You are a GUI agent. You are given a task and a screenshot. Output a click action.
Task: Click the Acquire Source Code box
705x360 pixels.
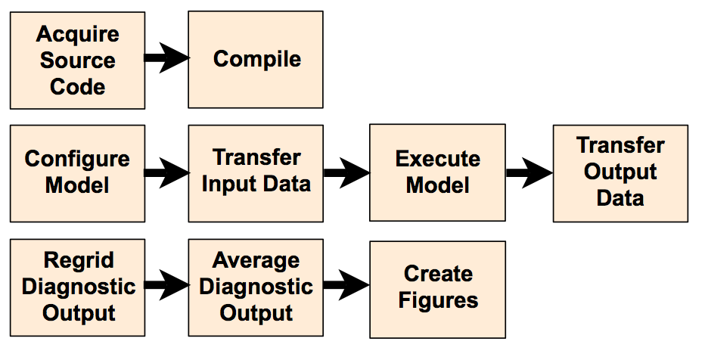(77, 61)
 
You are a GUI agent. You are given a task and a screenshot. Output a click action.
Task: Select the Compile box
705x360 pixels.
(256, 59)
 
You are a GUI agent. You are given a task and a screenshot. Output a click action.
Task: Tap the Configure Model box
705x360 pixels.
(77, 173)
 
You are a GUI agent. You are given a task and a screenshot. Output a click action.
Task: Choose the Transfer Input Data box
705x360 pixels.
(256, 173)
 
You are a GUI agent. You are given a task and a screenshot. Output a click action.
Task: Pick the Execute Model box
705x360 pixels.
(437, 172)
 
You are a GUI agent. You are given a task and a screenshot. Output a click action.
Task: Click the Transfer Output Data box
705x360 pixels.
(620, 173)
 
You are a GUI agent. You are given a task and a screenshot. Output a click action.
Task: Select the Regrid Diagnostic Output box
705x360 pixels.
(77, 287)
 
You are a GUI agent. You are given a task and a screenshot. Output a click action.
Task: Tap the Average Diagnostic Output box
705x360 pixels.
(256, 287)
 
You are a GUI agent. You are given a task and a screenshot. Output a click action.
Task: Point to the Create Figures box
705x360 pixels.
(437, 290)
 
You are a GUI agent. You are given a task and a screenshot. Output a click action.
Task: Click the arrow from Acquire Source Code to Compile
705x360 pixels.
(167, 57)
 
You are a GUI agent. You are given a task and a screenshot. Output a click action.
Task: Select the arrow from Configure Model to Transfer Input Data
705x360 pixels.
(167, 172)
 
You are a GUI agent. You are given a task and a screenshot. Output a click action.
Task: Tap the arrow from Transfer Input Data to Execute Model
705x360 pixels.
(346, 172)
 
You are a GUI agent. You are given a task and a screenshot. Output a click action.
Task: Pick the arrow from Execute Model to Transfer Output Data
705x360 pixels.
(530, 172)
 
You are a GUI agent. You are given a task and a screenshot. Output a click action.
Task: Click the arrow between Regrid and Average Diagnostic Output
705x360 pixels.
(167, 285)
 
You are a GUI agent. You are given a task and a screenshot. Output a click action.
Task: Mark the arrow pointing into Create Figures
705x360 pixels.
(346, 285)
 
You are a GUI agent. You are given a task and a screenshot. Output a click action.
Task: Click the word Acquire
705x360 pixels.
(78, 35)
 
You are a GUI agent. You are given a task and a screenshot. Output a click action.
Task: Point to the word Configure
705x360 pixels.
(77, 160)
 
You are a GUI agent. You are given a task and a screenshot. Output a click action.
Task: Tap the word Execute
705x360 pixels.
(438, 159)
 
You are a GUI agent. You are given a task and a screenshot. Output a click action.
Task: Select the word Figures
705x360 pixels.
(439, 301)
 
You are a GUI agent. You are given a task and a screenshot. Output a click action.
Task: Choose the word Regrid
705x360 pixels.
(79, 261)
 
